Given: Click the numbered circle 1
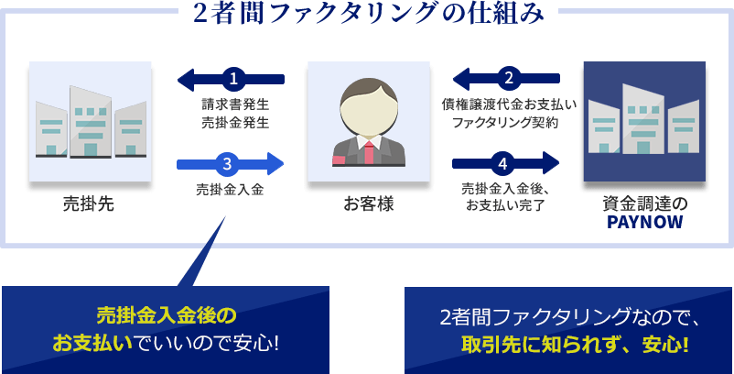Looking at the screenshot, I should (x=233, y=79).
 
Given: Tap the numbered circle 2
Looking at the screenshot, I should (x=508, y=79).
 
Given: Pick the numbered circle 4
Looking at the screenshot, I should (x=502, y=165).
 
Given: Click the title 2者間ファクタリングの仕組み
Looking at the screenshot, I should (x=367, y=13).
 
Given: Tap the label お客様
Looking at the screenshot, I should (x=368, y=203).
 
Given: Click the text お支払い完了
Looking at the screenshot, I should (x=504, y=204).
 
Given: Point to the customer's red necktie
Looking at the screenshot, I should (x=368, y=150).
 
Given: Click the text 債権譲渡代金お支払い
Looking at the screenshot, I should (x=508, y=104).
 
